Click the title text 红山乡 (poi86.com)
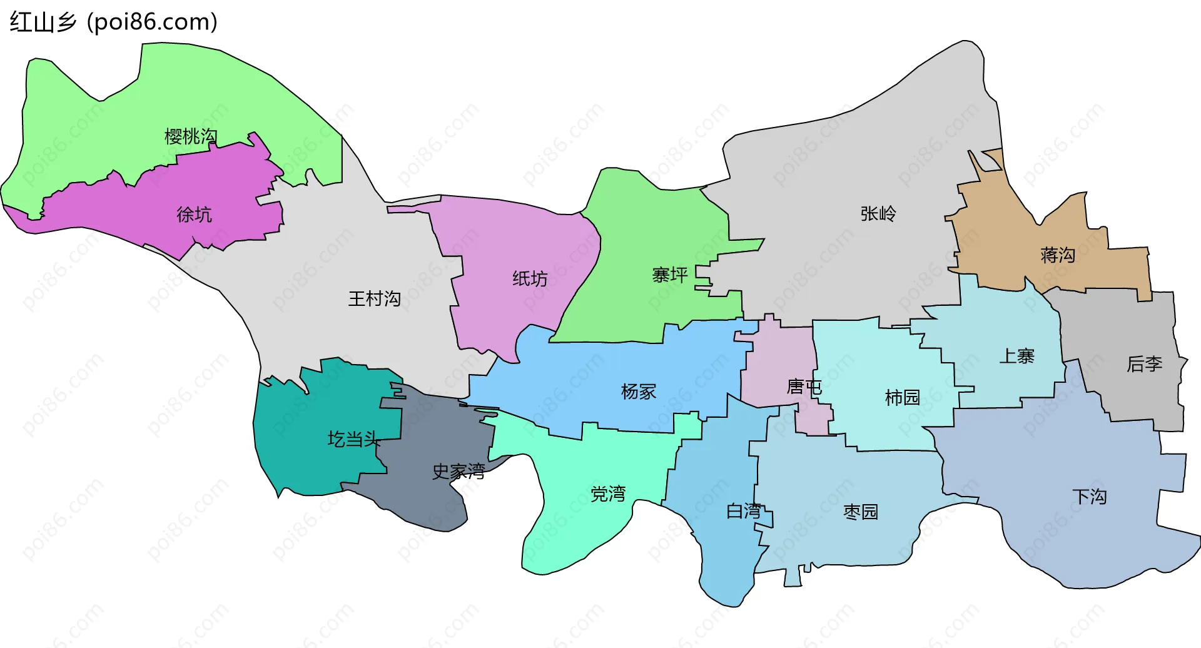(x=113, y=22)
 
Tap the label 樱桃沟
(x=191, y=136)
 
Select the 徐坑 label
(x=195, y=215)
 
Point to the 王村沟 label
(x=374, y=298)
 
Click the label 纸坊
(x=530, y=278)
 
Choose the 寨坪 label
(x=670, y=275)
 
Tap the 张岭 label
(x=878, y=214)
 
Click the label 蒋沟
(x=1058, y=255)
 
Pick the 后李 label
(x=1144, y=363)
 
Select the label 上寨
(x=1016, y=356)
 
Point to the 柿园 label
(x=902, y=397)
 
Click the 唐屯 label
(x=804, y=387)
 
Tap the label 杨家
(x=638, y=392)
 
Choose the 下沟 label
(x=1089, y=497)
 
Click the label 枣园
(x=861, y=512)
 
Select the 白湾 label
(x=744, y=511)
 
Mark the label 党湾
(x=608, y=494)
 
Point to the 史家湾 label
(x=459, y=471)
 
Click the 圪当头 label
(x=354, y=439)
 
